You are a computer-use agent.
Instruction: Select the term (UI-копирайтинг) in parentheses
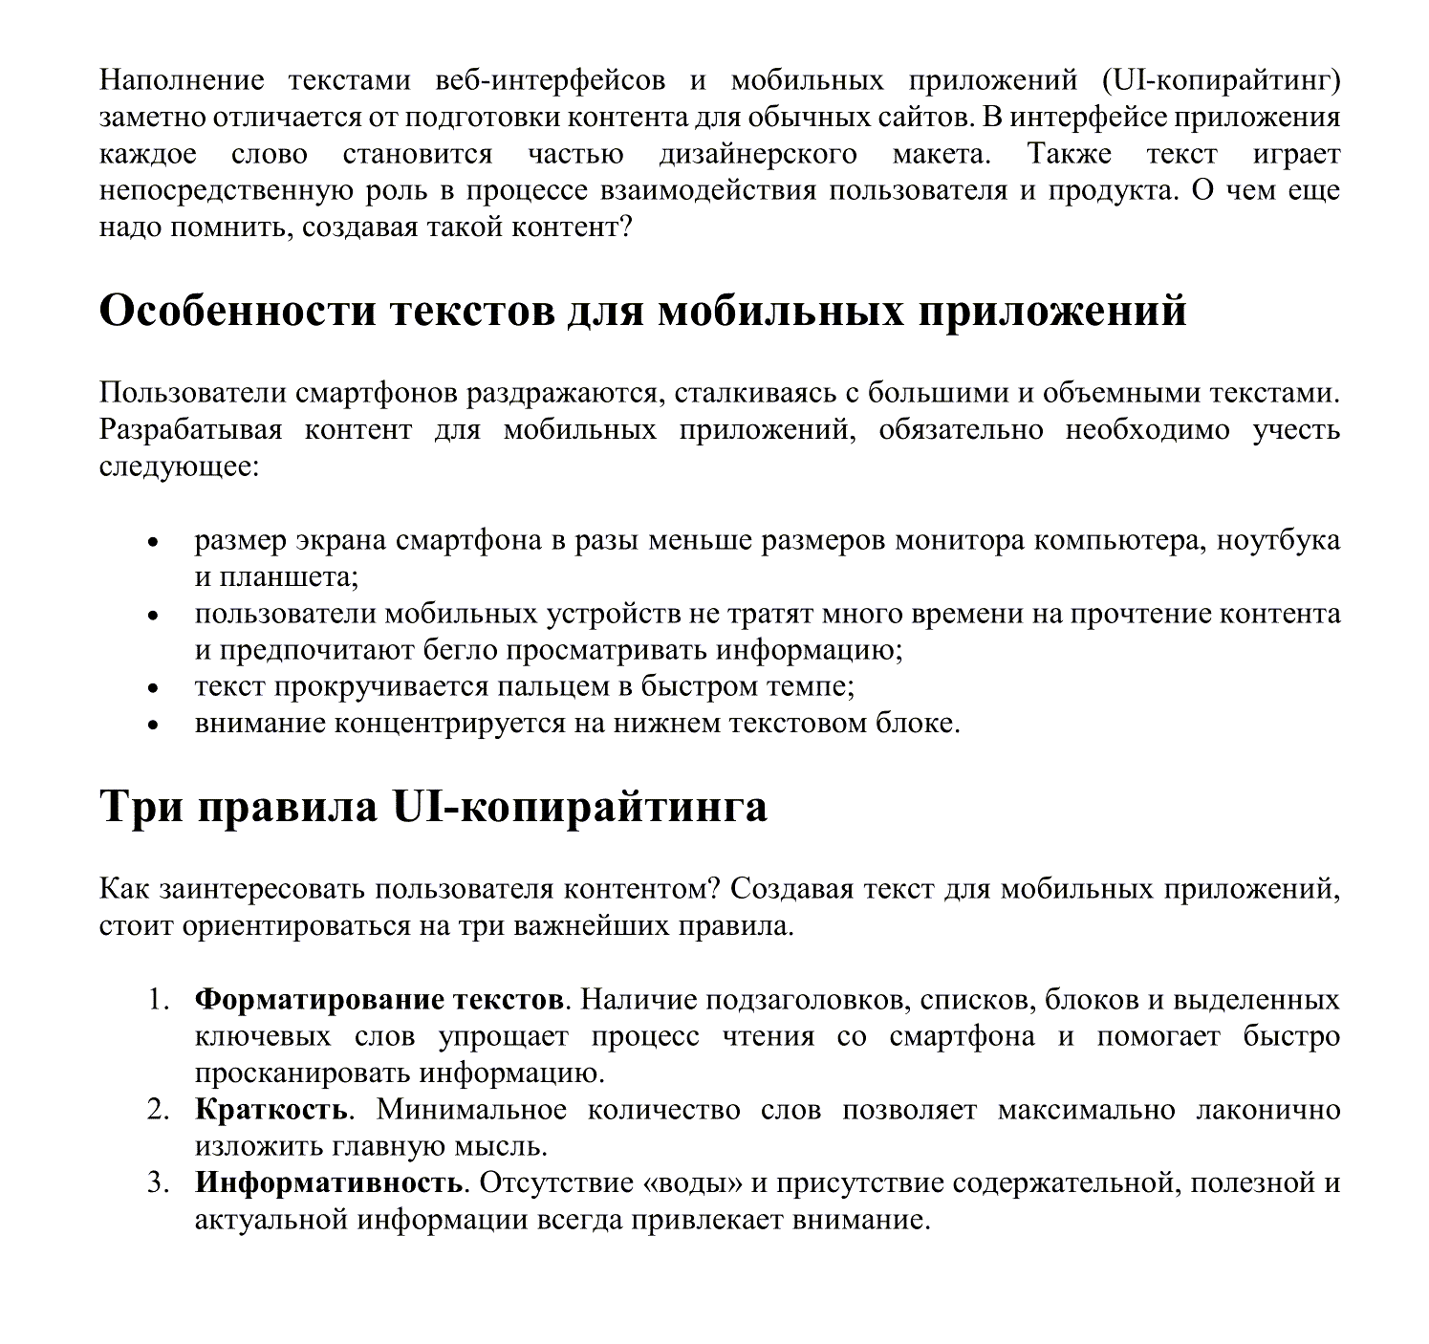point(1214,80)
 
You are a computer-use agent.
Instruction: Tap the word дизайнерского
point(758,154)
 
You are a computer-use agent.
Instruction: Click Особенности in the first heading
point(237,312)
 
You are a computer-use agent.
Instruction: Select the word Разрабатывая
point(191,429)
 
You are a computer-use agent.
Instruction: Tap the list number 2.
point(158,1110)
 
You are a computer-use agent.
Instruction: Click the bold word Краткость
point(271,1110)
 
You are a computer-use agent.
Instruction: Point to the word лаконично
point(1268,1110)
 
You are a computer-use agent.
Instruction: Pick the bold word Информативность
point(329,1183)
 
